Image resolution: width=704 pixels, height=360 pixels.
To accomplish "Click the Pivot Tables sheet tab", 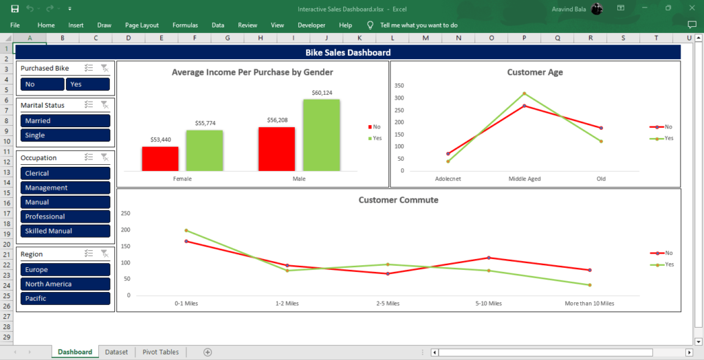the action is [160, 352].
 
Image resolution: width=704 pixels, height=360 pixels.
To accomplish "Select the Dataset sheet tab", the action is [116, 352].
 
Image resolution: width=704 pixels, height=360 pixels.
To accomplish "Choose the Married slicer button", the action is [65, 121].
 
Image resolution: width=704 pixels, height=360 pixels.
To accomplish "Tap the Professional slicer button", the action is [65, 216].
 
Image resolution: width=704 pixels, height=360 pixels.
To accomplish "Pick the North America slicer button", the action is [65, 284].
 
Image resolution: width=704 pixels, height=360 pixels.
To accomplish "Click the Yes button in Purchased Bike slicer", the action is [88, 84].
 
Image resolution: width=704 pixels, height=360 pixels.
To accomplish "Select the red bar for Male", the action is [276, 149].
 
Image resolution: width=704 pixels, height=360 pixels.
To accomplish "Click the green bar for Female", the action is [204, 150].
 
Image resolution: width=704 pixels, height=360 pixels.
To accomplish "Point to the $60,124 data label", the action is [322, 93].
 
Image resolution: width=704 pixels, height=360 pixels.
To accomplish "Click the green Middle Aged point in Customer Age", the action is [524, 93].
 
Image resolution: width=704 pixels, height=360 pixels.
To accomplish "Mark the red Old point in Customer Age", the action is [601, 128].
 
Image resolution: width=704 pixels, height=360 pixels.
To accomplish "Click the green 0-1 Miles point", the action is [186, 230].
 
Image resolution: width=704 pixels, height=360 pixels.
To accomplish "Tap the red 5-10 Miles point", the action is [489, 258].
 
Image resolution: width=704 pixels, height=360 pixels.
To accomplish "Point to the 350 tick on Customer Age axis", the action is [399, 86].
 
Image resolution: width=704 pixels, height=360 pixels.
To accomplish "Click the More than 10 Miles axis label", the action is [589, 304].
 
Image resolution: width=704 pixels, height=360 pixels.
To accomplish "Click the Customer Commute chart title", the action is [398, 200].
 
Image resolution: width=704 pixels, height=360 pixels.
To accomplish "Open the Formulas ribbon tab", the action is [185, 25].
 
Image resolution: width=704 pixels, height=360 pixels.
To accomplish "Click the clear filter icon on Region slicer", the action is [104, 254].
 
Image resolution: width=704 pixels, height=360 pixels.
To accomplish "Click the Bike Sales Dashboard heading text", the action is [348, 52].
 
